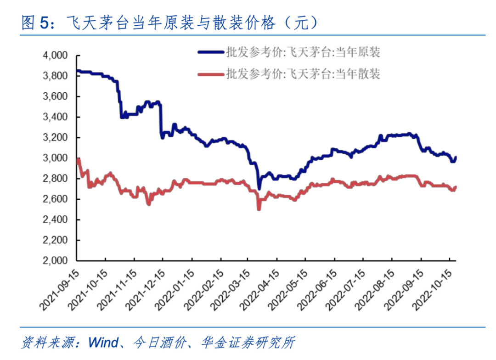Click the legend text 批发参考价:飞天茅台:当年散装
[x=303, y=74]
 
